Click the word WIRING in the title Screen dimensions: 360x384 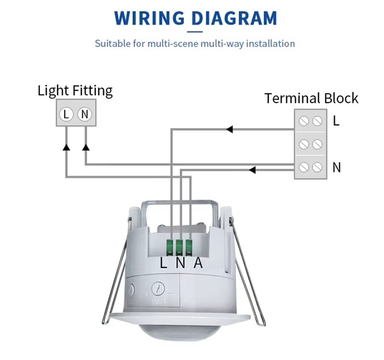point(149,19)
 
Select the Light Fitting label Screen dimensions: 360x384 point(75,90)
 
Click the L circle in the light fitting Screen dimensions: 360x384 point(66,114)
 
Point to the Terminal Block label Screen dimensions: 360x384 point(311,98)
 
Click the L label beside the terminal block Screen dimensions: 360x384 point(336,121)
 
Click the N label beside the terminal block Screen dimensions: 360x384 point(336,168)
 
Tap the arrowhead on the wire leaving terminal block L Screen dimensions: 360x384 point(229,129)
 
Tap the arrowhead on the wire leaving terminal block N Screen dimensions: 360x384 point(252,170)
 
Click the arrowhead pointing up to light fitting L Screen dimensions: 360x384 point(66,147)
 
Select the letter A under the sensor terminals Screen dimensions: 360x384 point(198,263)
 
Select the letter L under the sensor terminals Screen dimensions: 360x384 point(164,263)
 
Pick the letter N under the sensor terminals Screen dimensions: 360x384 point(180,263)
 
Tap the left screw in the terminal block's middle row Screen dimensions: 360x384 point(304,144)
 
